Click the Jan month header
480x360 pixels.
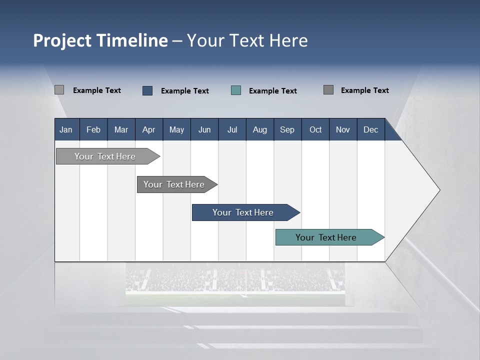click(x=66, y=129)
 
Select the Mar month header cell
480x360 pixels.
click(x=121, y=129)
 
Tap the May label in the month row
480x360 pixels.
click(x=176, y=129)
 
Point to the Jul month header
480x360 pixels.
click(x=232, y=129)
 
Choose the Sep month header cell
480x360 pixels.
click(x=287, y=129)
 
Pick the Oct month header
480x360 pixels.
click(x=315, y=129)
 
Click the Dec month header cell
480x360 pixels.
click(x=370, y=129)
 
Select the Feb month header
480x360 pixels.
click(x=93, y=129)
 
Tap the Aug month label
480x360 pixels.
click(x=259, y=129)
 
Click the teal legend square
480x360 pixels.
click(x=236, y=90)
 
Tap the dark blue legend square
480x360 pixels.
click(x=147, y=90)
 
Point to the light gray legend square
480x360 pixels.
click(x=59, y=90)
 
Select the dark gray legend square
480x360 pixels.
click(x=328, y=90)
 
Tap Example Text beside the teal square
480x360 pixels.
click(x=273, y=91)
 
